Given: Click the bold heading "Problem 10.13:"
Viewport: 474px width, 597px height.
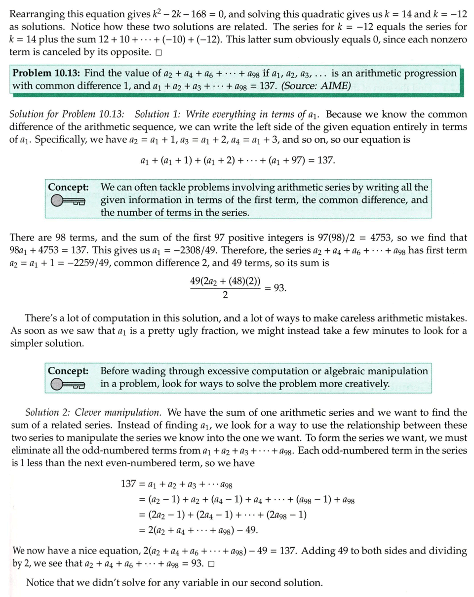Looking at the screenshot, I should coord(46,73).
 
